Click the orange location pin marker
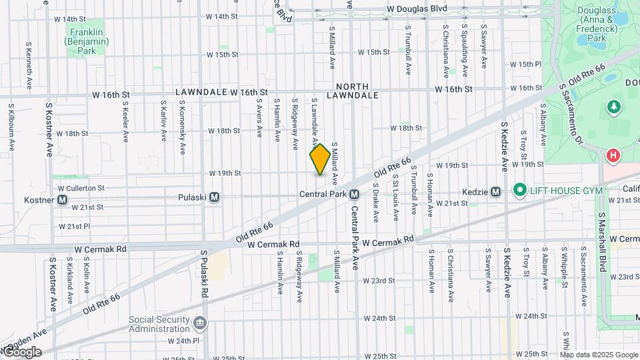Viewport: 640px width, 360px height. click(320, 160)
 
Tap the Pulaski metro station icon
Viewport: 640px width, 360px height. click(215, 197)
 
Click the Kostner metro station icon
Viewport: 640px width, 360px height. click(63, 199)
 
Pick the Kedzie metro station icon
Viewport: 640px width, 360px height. click(495, 192)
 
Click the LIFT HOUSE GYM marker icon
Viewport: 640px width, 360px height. click(520, 191)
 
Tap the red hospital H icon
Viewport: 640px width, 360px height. click(613, 155)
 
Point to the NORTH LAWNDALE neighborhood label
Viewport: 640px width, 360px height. click(352, 91)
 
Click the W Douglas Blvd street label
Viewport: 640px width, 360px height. click(427, 9)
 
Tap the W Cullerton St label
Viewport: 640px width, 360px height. click(82, 188)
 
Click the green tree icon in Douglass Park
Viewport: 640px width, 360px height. click(613, 107)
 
